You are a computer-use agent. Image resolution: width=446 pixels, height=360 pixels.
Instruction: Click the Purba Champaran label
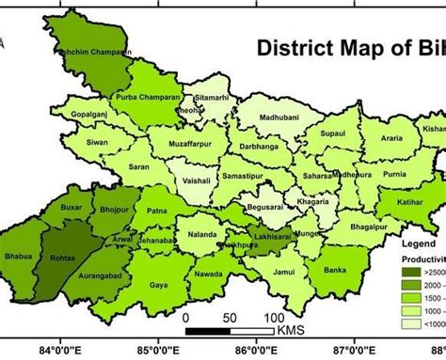[142, 98]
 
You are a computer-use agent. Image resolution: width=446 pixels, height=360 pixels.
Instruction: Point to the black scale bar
[230, 331]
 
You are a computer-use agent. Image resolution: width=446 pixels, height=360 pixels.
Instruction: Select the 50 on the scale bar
[230, 319]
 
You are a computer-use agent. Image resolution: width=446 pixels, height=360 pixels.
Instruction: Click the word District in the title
[293, 47]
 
